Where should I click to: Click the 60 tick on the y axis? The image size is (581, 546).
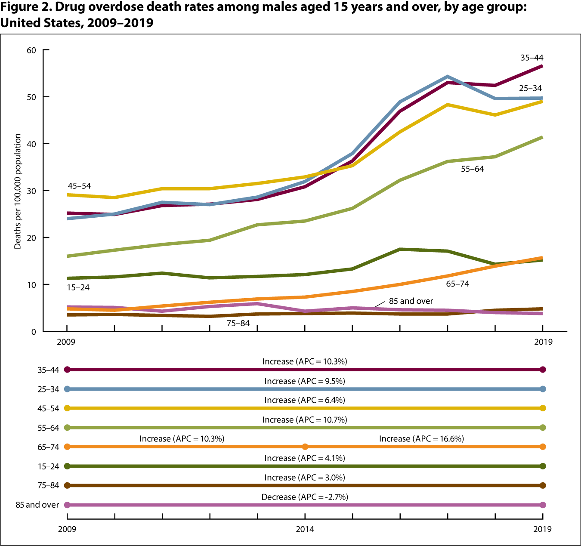[31, 50]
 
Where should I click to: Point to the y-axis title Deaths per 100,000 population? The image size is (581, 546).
[18, 191]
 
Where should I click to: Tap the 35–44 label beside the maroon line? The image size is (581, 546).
[532, 58]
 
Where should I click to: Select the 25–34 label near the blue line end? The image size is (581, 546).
[530, 88]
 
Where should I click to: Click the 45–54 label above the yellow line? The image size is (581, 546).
[79, 186]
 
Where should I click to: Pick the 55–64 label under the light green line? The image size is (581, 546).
[472, 169]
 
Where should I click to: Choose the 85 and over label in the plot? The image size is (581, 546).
[411, 301]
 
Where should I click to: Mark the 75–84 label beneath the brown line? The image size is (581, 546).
[238, 323]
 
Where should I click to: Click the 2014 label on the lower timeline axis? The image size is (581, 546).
[305, 529]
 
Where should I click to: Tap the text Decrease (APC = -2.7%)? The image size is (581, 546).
[305, 497]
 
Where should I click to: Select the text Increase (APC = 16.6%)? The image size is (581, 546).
[421, 439]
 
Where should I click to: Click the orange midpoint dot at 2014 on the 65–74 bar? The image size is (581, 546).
[305, 447]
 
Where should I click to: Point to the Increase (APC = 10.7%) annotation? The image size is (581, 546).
[305, 420]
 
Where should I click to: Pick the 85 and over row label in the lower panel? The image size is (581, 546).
[37, 505]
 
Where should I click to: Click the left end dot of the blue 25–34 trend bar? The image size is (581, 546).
[67, 389]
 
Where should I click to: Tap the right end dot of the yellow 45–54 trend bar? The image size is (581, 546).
[543, 408]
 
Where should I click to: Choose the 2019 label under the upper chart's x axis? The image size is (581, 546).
[543, 342]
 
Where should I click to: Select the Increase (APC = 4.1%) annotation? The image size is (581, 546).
[305, 458]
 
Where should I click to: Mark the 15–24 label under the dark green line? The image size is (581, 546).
[78, 287]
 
